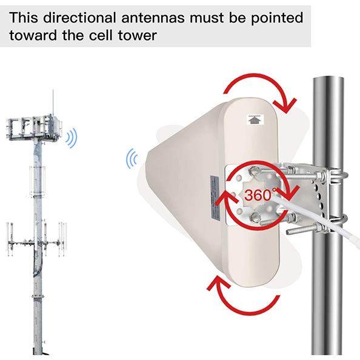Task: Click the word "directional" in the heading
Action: pyautogui.click(x=74, y=15)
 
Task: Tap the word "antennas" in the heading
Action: pyautogui.click(x=149, y=15)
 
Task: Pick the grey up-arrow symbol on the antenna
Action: pyautogui.click(x=254, y=119)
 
